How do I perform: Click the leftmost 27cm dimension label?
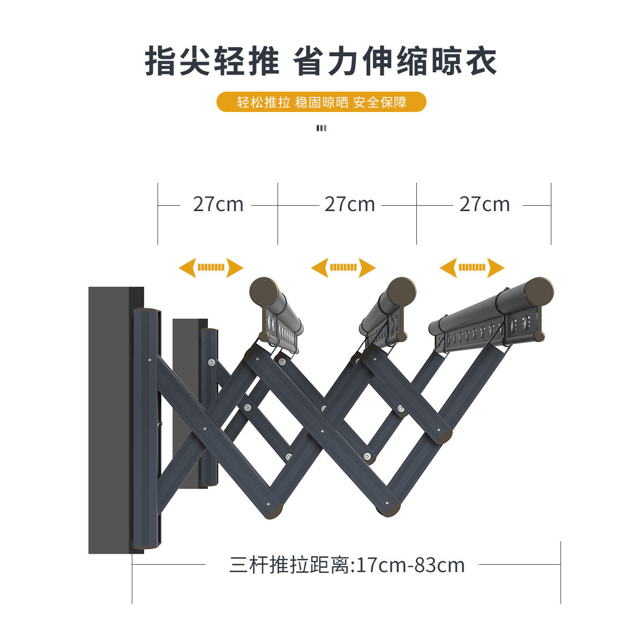[x=218, y=205]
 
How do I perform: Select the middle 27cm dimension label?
[x=349, y=205]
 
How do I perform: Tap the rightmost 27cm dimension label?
[x=484, y=205]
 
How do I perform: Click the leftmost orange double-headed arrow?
[x=211, y=267]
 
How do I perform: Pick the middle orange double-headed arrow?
[x=343, y=267]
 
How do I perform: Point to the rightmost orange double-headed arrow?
[x=472, y=267]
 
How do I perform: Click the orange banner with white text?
[x=322, y=102]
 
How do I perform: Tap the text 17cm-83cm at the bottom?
[x=410, y=565]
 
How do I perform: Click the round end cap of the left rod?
[x=264, y=291]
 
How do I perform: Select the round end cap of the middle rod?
[x=401, y=291]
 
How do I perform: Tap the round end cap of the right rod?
[x=539, y=291]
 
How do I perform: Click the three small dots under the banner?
[x=322, y=128]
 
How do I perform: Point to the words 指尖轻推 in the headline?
[x=212, y=62]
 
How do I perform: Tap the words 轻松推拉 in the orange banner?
[x=264, y=102]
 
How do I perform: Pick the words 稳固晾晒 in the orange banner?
[x=322, y=102]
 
